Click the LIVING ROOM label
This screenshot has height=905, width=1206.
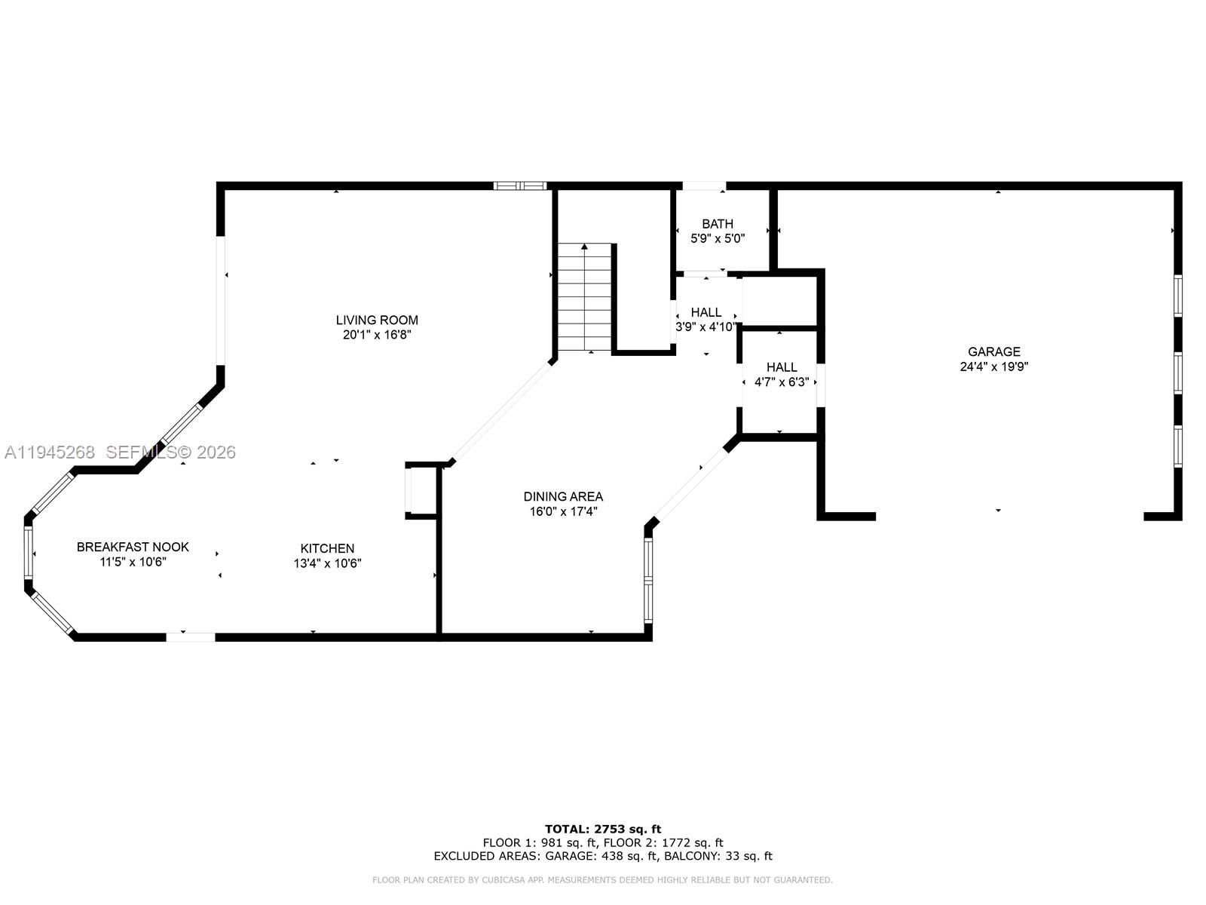click(x=377, y=320)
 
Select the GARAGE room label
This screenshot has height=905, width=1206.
click(x=994, y=351)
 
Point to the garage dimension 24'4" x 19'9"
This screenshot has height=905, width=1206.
click(x=994, y=367)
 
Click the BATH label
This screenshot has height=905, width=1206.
click(x=718, y=223)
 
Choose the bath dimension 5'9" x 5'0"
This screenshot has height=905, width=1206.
click(x=718, y=238)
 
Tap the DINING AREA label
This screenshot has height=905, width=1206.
click(x=563, y=496)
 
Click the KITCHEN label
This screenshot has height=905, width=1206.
click(x=327, y=548)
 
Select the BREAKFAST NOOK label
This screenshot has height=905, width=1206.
click(x=133, y=547)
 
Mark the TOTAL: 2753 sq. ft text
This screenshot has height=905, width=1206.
click(x=603, y=829)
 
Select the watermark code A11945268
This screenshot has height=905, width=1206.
click(x=50, y=452)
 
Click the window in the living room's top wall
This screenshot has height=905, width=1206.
click(x=519, y=186)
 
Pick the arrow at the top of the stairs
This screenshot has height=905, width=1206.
click(x=585, y=247)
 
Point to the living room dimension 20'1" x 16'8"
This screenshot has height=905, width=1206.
click(x=377, y=335)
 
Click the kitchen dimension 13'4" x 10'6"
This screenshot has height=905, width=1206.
click(x=327, y=563)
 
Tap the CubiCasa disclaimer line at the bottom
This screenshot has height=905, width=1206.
click(x=603, y=880)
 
